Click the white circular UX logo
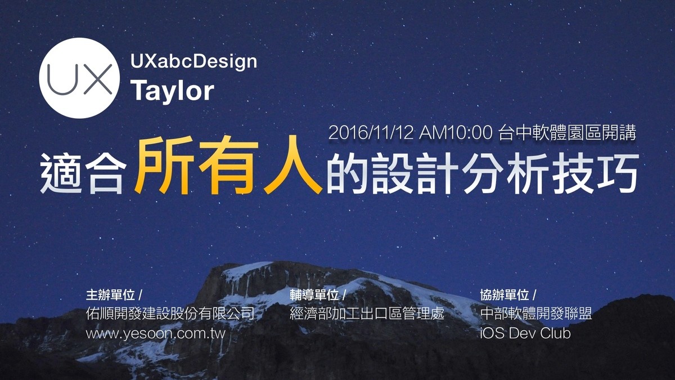(x=79, y=78)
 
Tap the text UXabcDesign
(x=193, y=62)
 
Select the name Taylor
(x=172, y=91)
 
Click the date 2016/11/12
(x=371, y=133)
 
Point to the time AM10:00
(x=456, y=133)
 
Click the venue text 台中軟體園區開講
(x=567, y=133)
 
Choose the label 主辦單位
(x=110, y=295)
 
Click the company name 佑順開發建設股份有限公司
(x=170, y=314)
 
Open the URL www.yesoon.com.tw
(x=155, y=333)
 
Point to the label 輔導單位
(x=314, y=295)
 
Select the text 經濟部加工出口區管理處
(x=367, y=314)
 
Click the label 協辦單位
(x=505, y=295)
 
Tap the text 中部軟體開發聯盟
(x=536, y=314)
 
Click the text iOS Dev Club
(x=525, y=333)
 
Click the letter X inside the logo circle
(x=98, y=79)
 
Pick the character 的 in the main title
(x=346, y=173)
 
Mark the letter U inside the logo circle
(x=62, y=79)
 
